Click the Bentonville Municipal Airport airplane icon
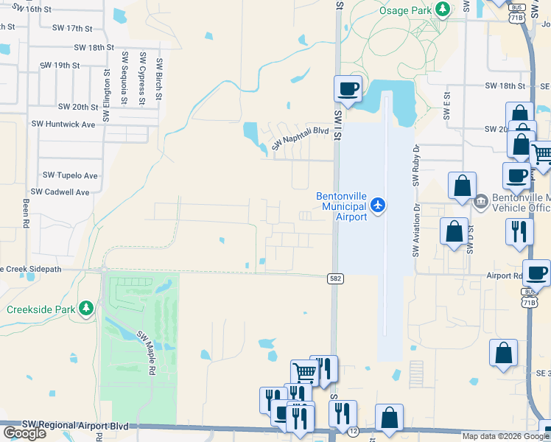click(378, 204)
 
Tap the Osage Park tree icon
click(442, 10)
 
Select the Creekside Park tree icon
click(86, 307)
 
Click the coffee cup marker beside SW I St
click(348, 89)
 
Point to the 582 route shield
click(334, 278)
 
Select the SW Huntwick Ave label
click(63, 124)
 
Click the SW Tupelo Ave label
click(70, 175)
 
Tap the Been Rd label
click(26, 211)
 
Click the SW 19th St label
click(60, 65)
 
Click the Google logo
click(24, 433)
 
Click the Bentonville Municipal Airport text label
click(341, 207)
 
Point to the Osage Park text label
click(404, 10)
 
